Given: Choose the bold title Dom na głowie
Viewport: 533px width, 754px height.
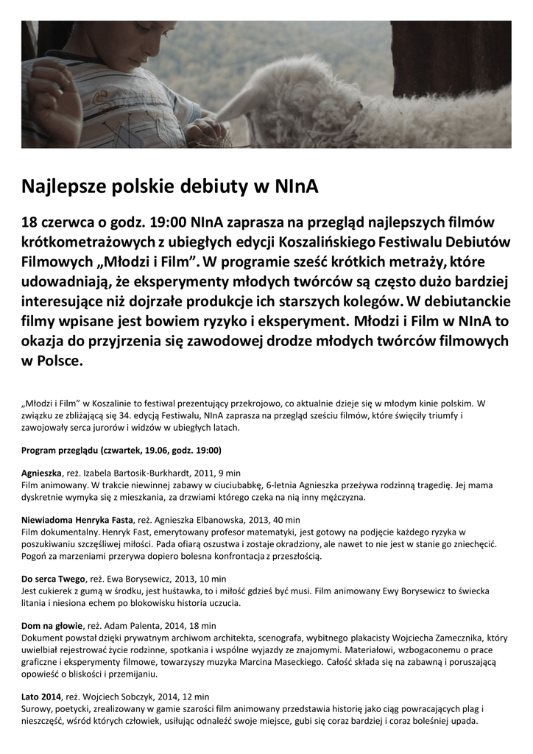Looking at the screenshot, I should click(52, 626).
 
